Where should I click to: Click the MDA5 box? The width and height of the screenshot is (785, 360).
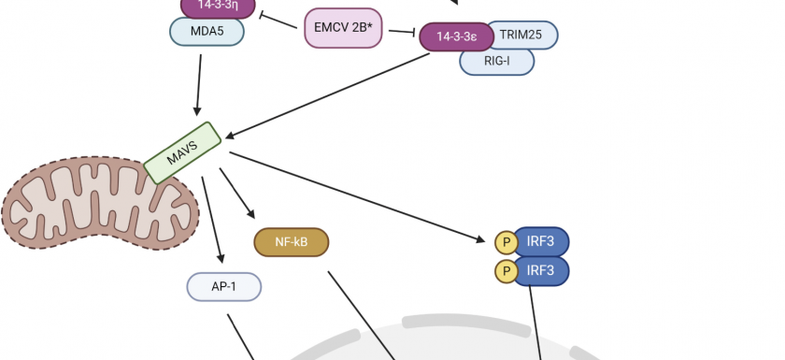[x=207, y=31]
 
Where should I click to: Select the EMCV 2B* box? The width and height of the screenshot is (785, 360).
[x=343, y=28]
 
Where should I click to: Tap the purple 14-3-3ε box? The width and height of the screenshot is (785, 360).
[x=455, y=36]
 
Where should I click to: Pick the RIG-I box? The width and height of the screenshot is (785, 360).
[x=496, y=61]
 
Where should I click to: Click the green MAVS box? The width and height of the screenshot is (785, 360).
[x=181, y=152]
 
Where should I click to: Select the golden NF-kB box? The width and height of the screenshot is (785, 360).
[x=291, y=242]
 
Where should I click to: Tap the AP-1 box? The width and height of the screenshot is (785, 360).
[x=224, y=286]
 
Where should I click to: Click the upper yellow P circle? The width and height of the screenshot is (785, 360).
[x=506, y=242]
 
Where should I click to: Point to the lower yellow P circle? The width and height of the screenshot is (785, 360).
[x=506, y=272]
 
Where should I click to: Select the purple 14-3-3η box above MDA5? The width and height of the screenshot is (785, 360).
[x=217, y=6]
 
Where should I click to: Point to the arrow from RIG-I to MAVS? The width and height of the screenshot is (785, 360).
[x=327, y=94]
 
